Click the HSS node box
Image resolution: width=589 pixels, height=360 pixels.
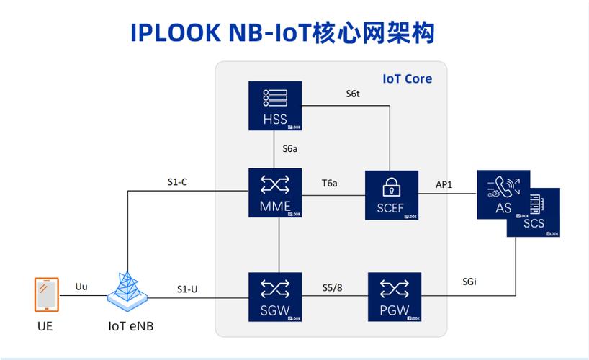(x=275, y=107)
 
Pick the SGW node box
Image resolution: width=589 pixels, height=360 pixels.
(x=275, y=298)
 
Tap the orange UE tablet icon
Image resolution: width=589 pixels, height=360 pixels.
(x=45, y=295)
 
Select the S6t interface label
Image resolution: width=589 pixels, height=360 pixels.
(x=352, y=94)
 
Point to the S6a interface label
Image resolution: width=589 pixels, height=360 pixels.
(x=290, y=149)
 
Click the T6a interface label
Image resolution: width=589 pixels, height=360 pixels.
(x=329, y=184)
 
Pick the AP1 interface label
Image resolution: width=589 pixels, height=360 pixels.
(x=444, y=184)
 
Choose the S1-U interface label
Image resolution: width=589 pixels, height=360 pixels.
(x=187, y=289)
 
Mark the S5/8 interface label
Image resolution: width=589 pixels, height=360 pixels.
(x=332, y=288)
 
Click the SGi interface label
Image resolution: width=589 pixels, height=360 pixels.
(x=469, y=282)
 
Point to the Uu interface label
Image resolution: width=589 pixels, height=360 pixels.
(x=81, y=287)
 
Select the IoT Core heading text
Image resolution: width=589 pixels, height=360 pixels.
(x=407, y=78)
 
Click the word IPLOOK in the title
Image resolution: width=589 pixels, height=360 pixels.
(x=176, y=32)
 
